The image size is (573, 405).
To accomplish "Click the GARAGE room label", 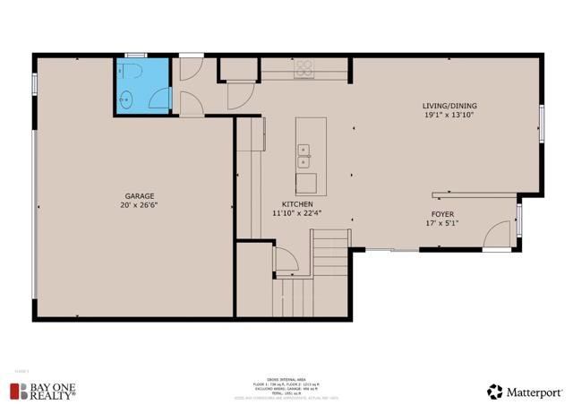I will click(x=140, y=196).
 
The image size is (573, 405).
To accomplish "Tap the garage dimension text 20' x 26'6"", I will click(x=140, y=205).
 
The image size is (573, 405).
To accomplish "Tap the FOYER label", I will click(x=443, y=214).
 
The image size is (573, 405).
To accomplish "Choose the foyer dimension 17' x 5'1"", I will click(x=443, y=223).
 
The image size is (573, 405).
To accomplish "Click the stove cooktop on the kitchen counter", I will click(x=304, y=67).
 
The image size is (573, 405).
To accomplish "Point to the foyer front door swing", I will click(x=495, y=237).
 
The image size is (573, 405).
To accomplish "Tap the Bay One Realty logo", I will click(x=42, y=390).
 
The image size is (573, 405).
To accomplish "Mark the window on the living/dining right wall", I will click(x=542, y=124).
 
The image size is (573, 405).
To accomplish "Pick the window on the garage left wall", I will click(x=34, y=83).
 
